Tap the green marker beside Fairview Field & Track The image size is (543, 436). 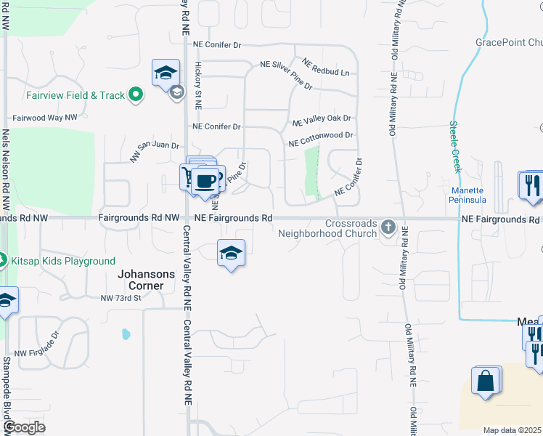(135, 94)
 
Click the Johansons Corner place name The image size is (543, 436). (147, 280)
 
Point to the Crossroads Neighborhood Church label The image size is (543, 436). (328, 228)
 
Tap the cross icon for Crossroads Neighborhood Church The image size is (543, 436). (388, 228)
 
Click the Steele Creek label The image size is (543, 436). (455, 146)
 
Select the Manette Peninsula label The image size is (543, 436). (468, 195)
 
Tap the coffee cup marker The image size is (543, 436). (206, 179)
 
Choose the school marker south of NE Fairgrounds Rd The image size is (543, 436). (231, 253)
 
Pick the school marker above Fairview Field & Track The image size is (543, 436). (166, 73)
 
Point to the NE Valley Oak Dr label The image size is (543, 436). (321, 118)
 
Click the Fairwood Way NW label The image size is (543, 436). (45, 117)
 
